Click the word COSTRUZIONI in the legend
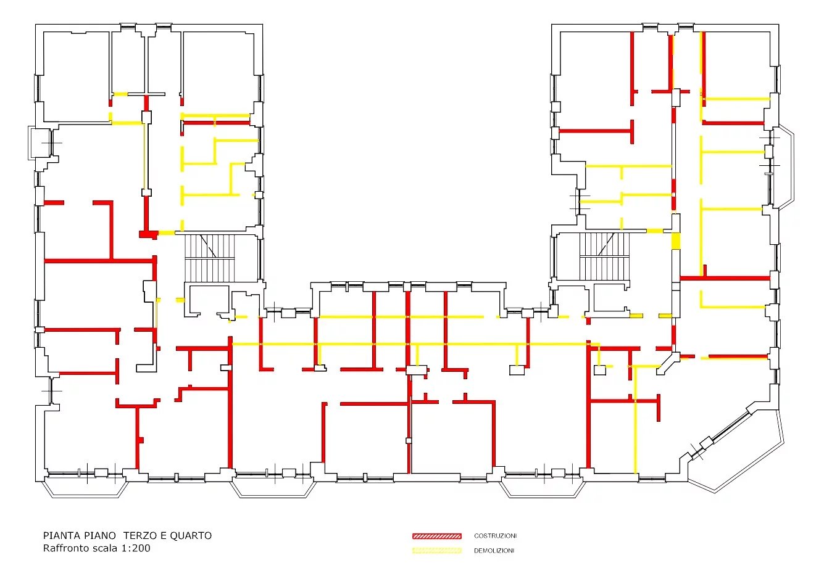tap(495, 536)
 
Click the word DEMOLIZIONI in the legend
tap(494, 551)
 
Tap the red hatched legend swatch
tap(436, 536)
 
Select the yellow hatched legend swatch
tap(436, 551)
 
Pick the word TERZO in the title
tap(139, 536)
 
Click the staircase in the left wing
tap(210, 258)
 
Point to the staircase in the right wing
tap(604, 256)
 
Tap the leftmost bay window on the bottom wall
tap(86, 488)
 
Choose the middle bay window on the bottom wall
tap(273, 488)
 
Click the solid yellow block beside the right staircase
tap(676, 240)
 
